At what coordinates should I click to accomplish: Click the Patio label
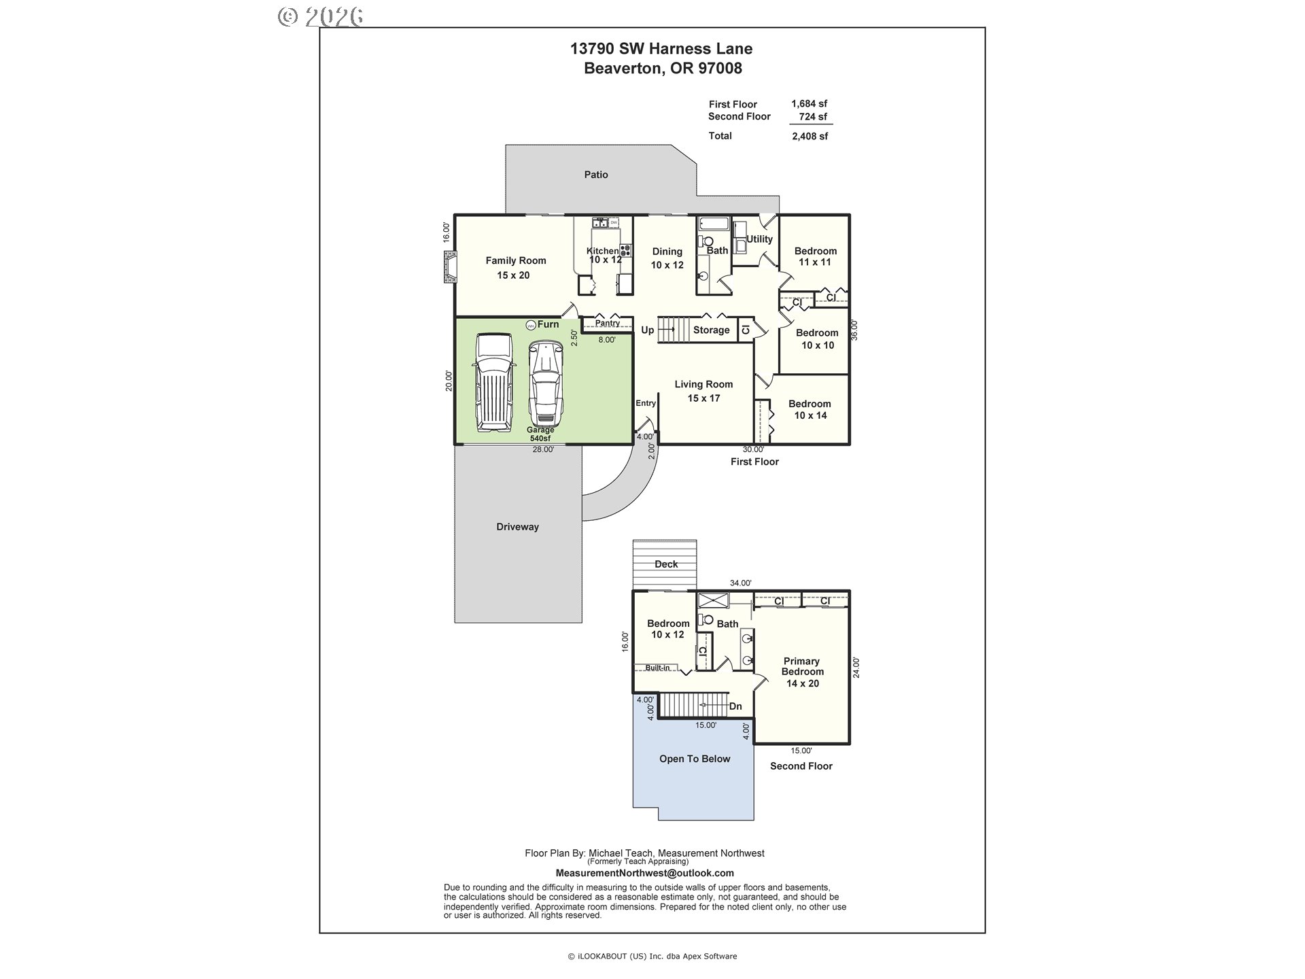(x=596, y=175)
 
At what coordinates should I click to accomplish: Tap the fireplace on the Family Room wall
(x=449, y=267)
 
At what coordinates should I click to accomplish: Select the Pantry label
(x=608, y=324)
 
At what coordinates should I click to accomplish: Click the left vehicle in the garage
(x=493, y=382)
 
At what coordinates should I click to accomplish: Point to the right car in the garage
(x=546, y=383)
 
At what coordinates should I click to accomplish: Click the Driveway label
(x=517, y=527)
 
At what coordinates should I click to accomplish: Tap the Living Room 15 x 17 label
(x=703, y=391)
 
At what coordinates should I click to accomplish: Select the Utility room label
(x=759, y=239)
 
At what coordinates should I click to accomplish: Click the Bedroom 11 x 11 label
(x=815, y=256)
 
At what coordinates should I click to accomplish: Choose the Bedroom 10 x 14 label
(x=810, y=409)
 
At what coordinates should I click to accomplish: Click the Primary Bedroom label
(x=803, y=672)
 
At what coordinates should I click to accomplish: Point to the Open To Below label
(x=695, y=759)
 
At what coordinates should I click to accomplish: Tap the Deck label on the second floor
(x=666, y=564)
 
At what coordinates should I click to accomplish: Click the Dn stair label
(x=735, y=706)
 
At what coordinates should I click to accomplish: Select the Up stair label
(x=648, y=330)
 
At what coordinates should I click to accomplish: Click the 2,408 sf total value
(x=810, y=136)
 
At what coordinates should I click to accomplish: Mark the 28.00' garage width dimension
(x=543, y=449)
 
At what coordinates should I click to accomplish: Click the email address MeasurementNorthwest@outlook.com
(x=644, y=873)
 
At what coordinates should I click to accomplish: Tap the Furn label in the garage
(x=549, y=324)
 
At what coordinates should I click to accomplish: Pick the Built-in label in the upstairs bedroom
(x=657, y=668)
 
